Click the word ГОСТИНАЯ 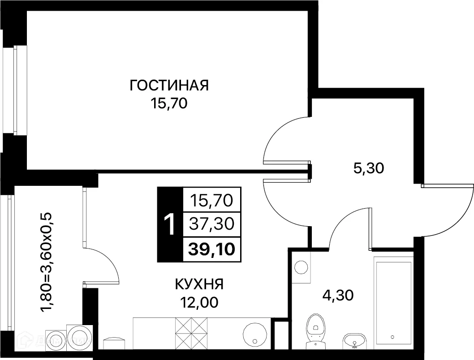tap(169, 85)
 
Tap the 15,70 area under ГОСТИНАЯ tap(169, 104)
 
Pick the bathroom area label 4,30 tap(338, 295)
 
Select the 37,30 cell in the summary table tap(212, 223)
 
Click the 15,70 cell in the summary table tap(212, 200)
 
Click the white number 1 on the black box tap(170, 224)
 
